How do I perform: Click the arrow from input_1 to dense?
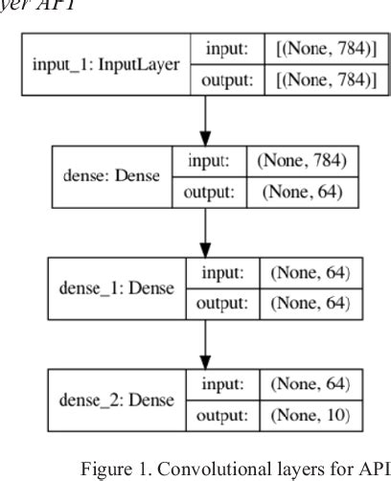pyautogui.click(x=206, y=120)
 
